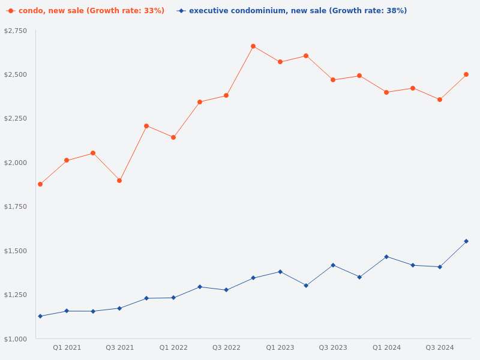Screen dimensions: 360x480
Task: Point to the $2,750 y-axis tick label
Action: [x=16, y=31]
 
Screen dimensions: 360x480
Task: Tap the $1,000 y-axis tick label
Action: [x=16, y=339]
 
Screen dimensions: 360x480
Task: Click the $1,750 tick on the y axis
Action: [x=16, y=206]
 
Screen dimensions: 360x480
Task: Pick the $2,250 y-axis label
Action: [x=16, y=118]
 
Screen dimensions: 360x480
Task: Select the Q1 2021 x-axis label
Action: [x=67, y=347]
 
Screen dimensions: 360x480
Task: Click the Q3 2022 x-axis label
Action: [x=226, y=347]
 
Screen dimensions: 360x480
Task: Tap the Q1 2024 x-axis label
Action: [x=386, y=347]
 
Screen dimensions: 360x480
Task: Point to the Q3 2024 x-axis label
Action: [x=440, y=347]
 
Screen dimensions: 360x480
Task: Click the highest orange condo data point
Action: [x=253, y=46]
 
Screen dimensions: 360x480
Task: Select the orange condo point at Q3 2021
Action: [x=119, y=181]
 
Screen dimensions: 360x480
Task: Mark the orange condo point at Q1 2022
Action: [x=173, y=137]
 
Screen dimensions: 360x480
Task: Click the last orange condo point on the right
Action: [x=466, y=74]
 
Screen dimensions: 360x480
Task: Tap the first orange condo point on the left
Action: [x=40, y=184]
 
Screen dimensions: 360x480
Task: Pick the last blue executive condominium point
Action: [x=466, y=241]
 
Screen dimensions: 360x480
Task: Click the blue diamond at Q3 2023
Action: [x=333, y=265]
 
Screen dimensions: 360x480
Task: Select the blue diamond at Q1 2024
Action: [x=386, y=257]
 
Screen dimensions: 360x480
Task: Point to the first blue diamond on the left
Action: [x=40, y=316]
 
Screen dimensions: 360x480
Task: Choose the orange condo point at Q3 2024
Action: [x=440, y=100]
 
